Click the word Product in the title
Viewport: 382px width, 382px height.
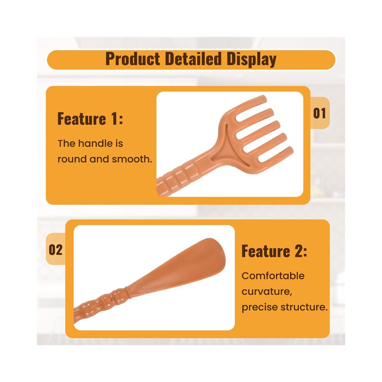pyautogui.click(x=132, y=59)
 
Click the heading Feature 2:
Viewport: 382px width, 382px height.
pyautogui.click(x=274, y=251)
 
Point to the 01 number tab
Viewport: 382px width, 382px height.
pyautogui.click(x=319, y=113)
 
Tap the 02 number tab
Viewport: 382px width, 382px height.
pyautogui.click(x=56, y=250)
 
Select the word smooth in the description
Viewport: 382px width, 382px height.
pyautogui.click(x=132, y=159)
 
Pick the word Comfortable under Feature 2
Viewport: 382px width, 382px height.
pyautogui.click(x=273, y=276)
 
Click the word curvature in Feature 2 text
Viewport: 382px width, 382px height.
pyautogui.click(x=267, y=292)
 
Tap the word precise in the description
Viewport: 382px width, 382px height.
pyautogui.click(x=260, y=308)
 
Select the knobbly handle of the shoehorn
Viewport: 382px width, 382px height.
pyautogui.click(x=101, y=305)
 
